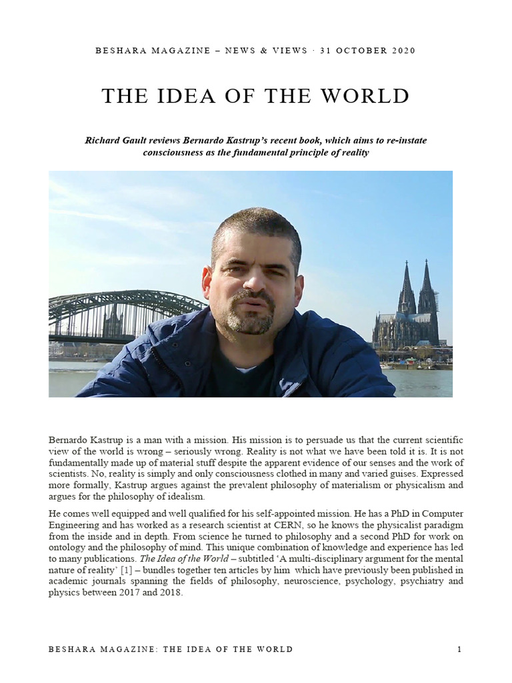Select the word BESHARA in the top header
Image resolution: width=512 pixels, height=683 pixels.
coord(118,51)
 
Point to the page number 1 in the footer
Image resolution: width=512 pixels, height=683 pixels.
coord(460,649)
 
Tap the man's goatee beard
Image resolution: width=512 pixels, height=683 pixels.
coord(251,320)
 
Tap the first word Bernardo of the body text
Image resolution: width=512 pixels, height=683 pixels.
coord(69,440)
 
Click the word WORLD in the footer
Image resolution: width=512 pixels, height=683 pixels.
coord(273,649)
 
